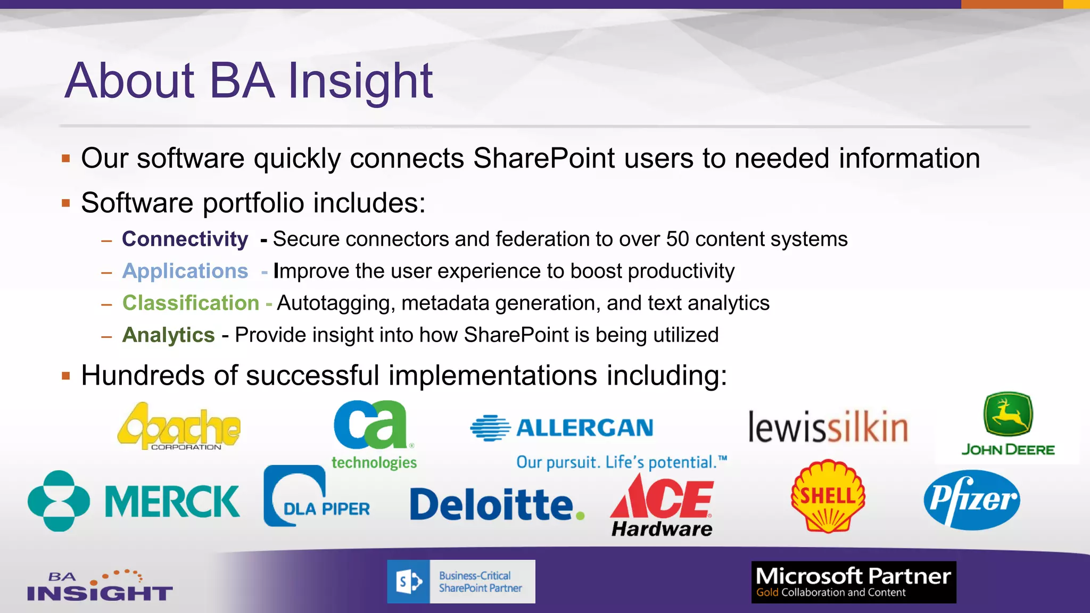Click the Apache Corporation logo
click(x=179, y=426)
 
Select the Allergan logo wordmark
click(x=584, y=428)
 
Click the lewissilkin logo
click(x=828, y=427)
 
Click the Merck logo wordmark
click(x=171, y=501)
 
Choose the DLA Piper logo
click(x=316, y=497)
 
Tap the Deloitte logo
click(x=496, y=504)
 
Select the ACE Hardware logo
click(x=662, y=506)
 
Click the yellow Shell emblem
click(x=828, y=496)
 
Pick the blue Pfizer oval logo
click(x=972, y=500)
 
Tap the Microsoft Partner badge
click(x=853, y=582)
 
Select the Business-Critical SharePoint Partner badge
click(x=461, y=582)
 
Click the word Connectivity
click(x=185, y=239)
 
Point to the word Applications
click(x=185, y=271)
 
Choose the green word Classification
click(x=191, y=303)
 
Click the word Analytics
click(x=168, y=335)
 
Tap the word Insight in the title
click(x=360, y=81)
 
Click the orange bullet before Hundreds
click(x=66, y=376)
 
